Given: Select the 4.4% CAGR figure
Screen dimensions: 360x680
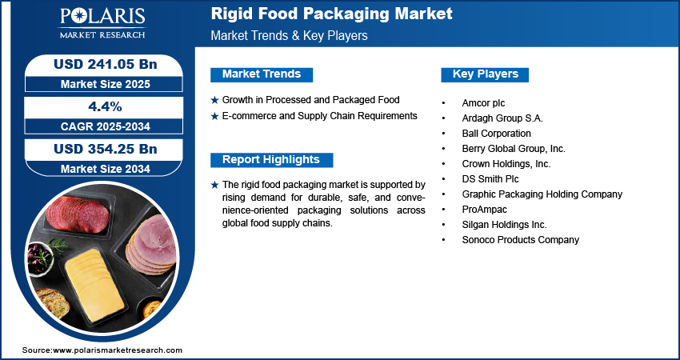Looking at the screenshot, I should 104,106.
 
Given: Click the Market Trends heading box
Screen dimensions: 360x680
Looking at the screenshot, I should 262,74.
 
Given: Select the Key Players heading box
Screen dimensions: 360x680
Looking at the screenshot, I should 485,74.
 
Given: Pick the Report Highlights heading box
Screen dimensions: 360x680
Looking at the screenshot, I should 271,159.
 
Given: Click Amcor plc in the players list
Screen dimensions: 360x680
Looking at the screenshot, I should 483,103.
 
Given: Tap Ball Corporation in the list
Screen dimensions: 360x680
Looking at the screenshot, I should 496,134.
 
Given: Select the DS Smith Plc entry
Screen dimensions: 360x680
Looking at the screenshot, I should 490,179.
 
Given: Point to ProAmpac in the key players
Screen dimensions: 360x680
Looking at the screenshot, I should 484,210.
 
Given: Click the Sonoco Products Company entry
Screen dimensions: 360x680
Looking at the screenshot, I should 520,240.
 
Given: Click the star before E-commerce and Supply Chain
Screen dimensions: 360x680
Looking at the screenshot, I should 214,116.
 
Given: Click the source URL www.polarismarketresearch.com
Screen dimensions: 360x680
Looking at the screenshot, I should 118,350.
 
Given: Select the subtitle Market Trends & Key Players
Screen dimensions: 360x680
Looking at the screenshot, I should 289,36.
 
